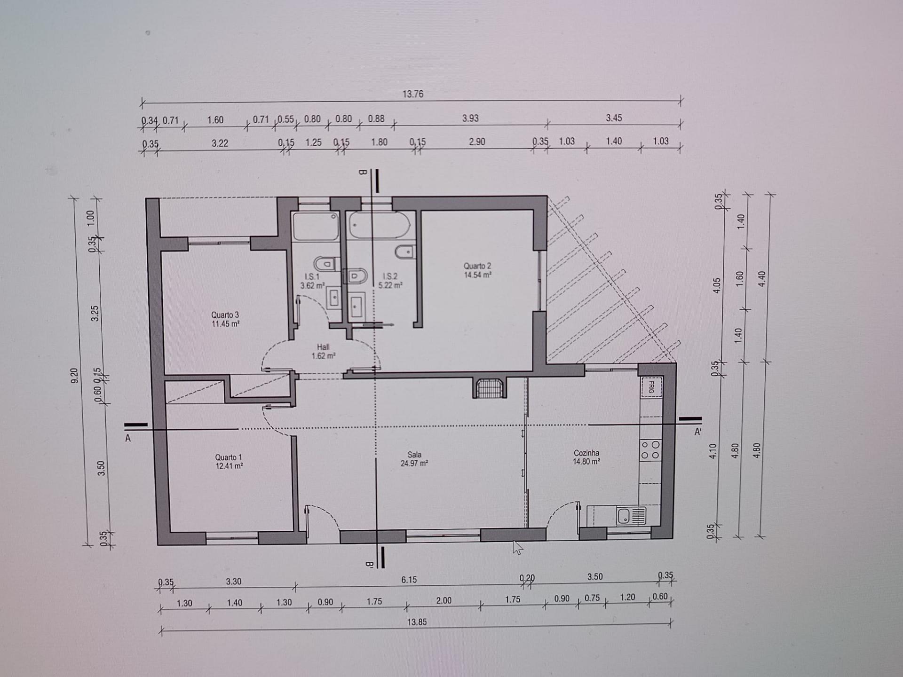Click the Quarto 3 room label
click(x=225, y=315)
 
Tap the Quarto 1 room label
click(x=229, y=457)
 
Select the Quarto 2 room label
click(x=477, y=266)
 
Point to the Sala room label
click(x=414, y=455)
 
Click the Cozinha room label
click(x=586, y=453)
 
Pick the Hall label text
click(x=323, y=347)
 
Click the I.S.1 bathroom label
click(x=312, y=276)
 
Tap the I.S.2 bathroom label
click(x=390, y=276)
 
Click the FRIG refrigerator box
click(x=651, y=387)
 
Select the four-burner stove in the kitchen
click(x=650, y=449)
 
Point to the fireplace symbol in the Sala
click(x=490, y=388)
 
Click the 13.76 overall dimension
click(x=412, y=94)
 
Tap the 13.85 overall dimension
click(x=417, y=622)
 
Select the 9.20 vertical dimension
click(x=74, y=376)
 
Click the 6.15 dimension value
click(x=409, y=580)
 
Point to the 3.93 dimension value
click(x=470, y=118)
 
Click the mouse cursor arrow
click(x=517, y=548)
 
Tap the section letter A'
click(x=698, y=432)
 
